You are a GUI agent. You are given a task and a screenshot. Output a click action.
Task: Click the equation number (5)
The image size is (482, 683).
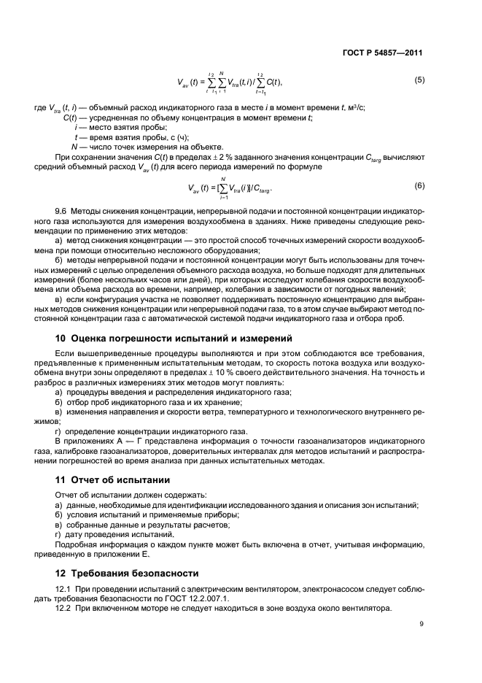(419, 80)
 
